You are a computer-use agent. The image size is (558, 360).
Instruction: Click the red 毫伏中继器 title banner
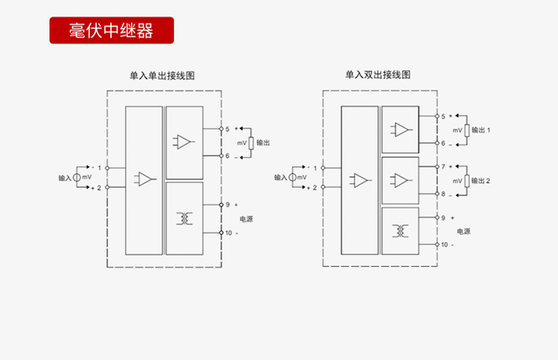pos(112,30)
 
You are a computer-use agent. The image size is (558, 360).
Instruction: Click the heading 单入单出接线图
pos(162,76)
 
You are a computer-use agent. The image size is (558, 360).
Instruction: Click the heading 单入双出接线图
pos(378,75)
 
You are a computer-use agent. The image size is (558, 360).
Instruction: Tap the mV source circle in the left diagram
pos(77,177)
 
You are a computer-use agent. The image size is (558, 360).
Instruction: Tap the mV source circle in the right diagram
pos(292,177)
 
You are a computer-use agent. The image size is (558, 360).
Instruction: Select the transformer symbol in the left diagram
pos(184,218)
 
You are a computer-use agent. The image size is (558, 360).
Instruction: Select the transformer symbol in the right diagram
pos(400,231)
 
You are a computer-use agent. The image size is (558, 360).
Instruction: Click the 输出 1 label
pos(481,130)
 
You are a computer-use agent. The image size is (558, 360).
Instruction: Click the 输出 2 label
pos(481,181)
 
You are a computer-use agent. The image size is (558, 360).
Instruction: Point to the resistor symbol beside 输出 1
pos(467,130)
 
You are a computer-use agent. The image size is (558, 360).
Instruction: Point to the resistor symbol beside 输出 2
pos(467,181)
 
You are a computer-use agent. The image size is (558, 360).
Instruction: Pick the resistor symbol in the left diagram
pos(251,143)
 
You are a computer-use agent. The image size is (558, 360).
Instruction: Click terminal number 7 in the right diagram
pos(443,167)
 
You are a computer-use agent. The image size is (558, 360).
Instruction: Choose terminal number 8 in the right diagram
pos(443,194)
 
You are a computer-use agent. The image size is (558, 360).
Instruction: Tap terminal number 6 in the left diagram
pos(227,156)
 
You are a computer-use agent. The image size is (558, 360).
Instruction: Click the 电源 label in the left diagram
pos(247,219)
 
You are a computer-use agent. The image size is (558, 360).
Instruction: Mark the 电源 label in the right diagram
pos(463,232)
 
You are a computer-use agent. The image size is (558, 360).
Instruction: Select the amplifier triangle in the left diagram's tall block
pos(145,179)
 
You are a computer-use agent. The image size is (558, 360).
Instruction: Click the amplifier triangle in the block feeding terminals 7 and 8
pos(401,181)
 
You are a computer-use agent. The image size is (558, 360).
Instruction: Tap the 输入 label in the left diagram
pos(65,178)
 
